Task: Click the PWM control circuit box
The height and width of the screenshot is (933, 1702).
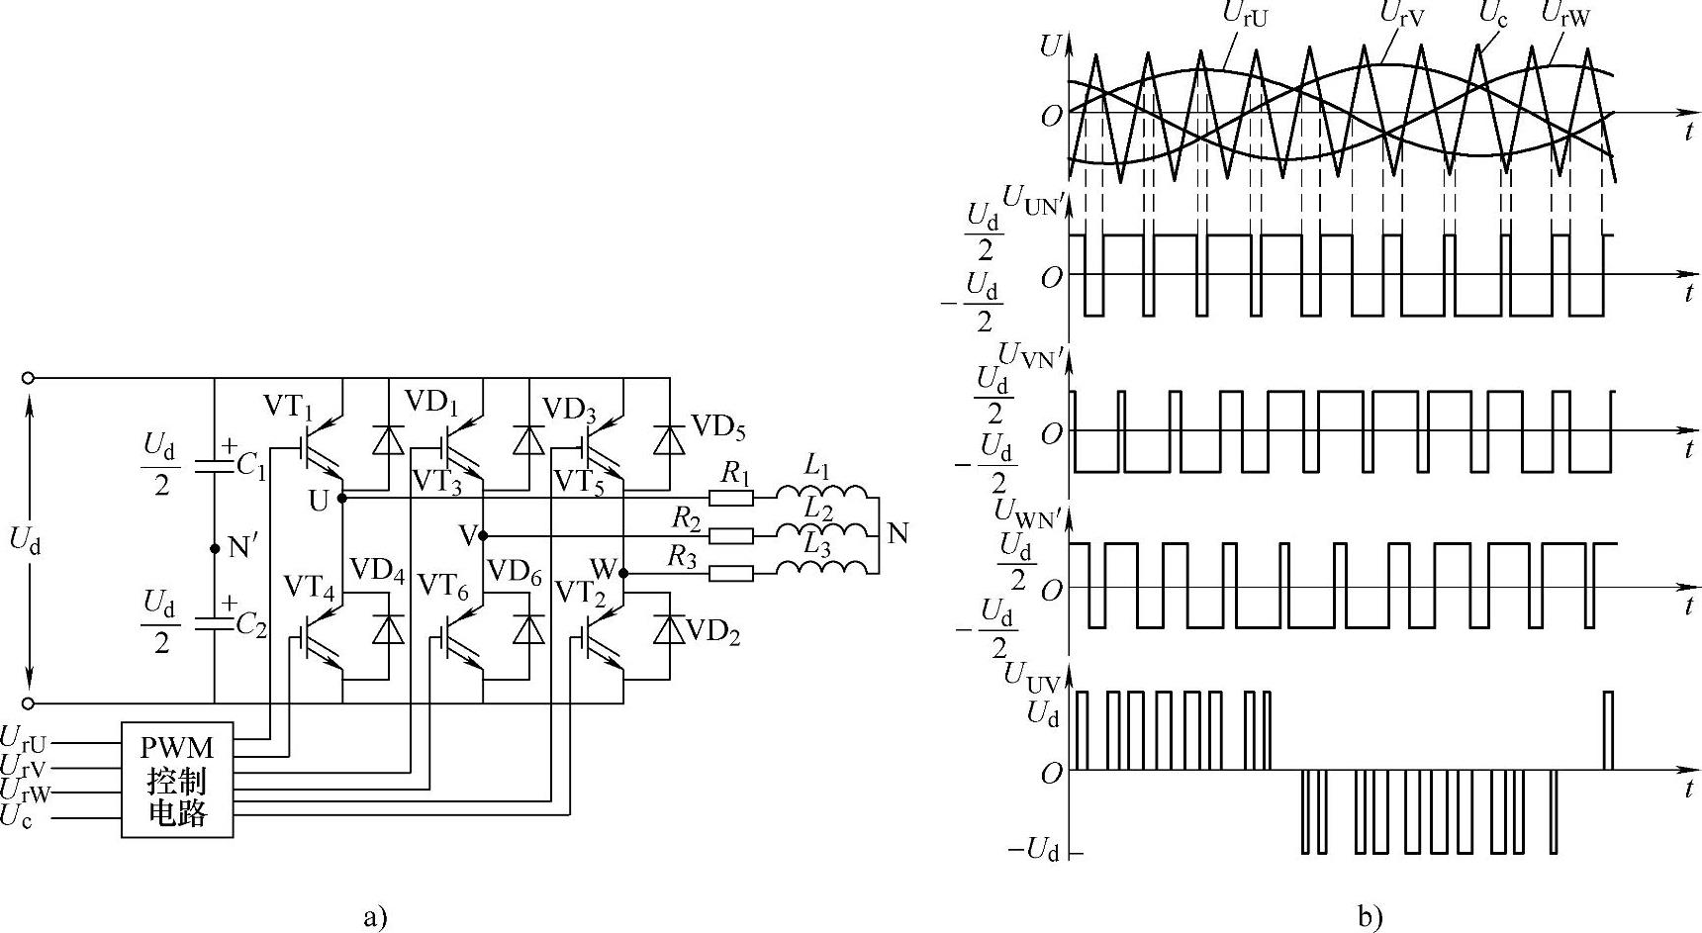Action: pyautogui.click(x=177, y=780)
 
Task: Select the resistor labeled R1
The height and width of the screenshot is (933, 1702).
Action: pyautogui.click(x=731, y=499)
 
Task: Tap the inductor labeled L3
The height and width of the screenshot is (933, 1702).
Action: pyautogui.click(x=821, y=568)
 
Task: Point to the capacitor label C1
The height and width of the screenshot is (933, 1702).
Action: pyautogui.click(x=249, y=466)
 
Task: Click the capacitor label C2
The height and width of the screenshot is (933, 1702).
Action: pyautogui.click(x=250, y=625)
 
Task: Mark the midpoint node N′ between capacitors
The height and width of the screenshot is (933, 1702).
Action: pyautogui.click(x=215, y=547)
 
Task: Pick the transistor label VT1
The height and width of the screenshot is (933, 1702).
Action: pyautogui.click(x=288, y=406)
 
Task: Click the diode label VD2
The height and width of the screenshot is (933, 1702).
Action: pyautogui.click(x=712, y=631)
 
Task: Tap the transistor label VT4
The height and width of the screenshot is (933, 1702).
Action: pyautogui.click(x=308, y=588)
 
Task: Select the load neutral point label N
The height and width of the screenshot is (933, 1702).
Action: pyautogui.click(x=898, y=534)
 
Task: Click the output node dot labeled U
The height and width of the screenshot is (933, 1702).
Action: pyautogui.click(x=342, y=499)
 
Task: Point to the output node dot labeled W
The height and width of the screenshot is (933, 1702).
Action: pyautogui.click(x=623, y=573)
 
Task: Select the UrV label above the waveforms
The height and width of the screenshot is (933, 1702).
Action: pyautogui.click(x=1402, y=17)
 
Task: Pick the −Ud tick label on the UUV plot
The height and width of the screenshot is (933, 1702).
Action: pyautogui.click(x=1034, y=850)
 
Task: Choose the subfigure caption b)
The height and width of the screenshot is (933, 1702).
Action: pyautogui.click(x=1370, y=917)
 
